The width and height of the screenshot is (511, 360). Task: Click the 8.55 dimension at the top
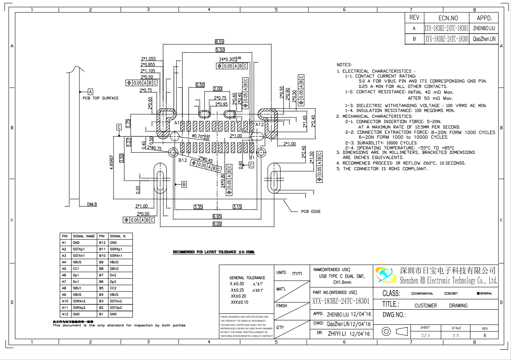(x=220, y=42)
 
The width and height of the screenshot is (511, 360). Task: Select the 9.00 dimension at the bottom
(x=217, y=224)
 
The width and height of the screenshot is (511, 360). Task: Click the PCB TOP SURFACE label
(x=101, y=98)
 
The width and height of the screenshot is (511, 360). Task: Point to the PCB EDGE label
(x=311, y=211)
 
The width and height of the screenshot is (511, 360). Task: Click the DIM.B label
(x=92, y=204)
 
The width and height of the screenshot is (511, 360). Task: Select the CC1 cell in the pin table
(x=76, y=269)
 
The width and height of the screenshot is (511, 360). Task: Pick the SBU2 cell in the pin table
(x=114, y=269)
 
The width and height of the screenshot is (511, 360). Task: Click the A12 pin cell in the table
(x=64, y=314)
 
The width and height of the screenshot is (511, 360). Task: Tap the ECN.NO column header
(x=448, y=18)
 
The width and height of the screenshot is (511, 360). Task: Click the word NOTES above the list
(x=344, y=65)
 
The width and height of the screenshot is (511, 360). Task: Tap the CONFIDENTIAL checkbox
(x=413, y=293)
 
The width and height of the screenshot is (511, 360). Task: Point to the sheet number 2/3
(x=425, y=335)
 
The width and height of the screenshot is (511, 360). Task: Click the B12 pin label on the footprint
(x=182, y=161)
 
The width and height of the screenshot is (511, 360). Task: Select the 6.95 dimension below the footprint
(x=217, y=216)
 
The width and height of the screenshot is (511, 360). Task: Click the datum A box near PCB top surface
(x=91, y=92)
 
